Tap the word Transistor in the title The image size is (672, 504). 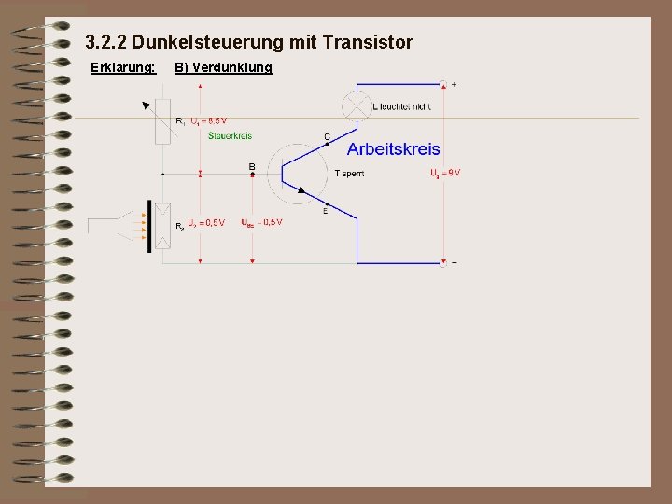tap(368, 43)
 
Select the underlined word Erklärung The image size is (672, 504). tap(121, 67)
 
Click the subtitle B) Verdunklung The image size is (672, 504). tap(224, 67)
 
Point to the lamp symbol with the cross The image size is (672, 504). tap(357, 105)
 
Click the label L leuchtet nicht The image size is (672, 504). tap(401, 106)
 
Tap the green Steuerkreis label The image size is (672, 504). tap(230, 135)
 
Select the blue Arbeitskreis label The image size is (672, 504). tap(394, 149)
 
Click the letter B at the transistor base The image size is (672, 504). tap(251, 166)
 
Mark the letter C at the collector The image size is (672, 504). tap(327, 137)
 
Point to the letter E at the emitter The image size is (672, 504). tap(325, 211)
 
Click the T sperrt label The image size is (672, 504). tap(349, 174)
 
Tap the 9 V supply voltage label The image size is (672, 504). tap(445, 174)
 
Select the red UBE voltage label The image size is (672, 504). tap(261, 222)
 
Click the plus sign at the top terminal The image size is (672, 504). tap(455, 84)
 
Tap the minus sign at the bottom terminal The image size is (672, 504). tap(455, 263)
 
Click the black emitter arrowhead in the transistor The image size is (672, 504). tap(301, 189)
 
